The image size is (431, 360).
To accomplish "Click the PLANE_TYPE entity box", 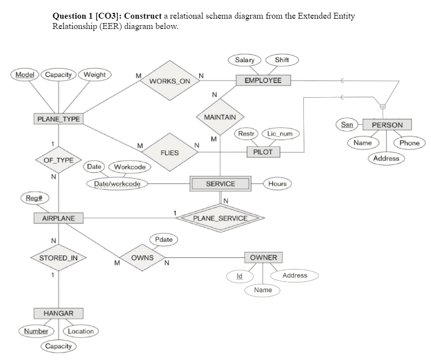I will pyautogui.click(x=58, y=118).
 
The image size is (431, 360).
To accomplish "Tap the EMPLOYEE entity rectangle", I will pyautogui.click(x=263, y=80).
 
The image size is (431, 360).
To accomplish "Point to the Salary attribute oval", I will pyautogui.click(x=244, y=60).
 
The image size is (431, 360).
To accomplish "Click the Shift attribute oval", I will pyautogui.click(x=282, y=60).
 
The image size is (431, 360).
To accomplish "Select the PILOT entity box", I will pyautogui.click(x=263, y=152).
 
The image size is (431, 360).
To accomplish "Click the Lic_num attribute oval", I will pyautogui.click(x=280, y=134).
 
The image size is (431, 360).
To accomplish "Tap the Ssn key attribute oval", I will pyautogui.click(x=347, y=124).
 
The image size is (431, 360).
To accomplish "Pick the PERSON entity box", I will pyautogui.click(x=387, y=125).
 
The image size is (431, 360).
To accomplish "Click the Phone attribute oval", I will pyautogui.click(x=409, y=143).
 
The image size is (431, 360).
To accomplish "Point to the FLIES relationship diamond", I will pyautogui.click(x=169, y=153).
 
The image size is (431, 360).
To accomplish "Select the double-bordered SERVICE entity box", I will pyautogui.click(x=220, y=184).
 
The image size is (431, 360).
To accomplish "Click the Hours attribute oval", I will pyautogui.click(x=277, y=184).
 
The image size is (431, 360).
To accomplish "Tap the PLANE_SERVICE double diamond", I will pyautogui.click(x=220, y=218).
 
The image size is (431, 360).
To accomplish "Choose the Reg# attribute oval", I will pyautogui.click(x=30, y=198).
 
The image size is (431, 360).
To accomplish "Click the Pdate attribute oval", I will pyautogui.click(x=163, y=240).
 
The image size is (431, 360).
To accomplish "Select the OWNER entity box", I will pyautogui.click(x=263, y=257).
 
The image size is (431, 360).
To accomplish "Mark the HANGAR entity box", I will pyautogui.click(x=58, y=313).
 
